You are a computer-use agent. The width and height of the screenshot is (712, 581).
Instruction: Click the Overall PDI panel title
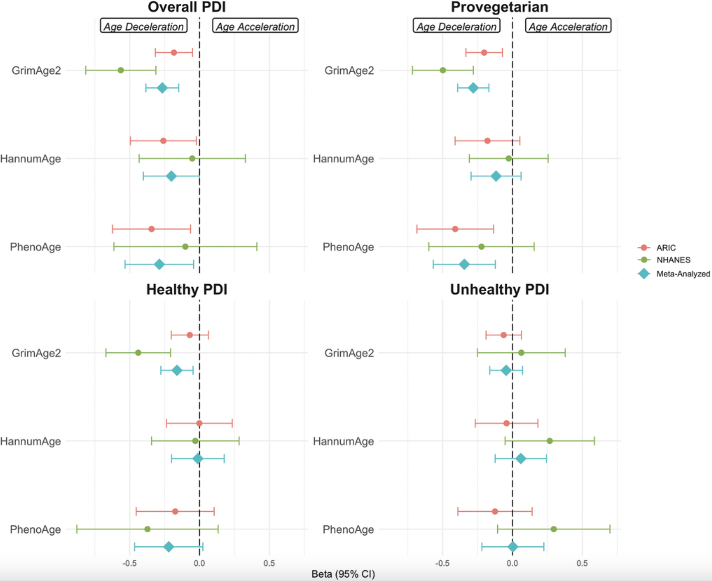(187, 7)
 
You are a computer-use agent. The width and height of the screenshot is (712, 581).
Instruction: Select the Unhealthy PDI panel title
(499, 290)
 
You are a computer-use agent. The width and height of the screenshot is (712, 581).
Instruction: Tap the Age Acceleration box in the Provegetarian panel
(568, 26)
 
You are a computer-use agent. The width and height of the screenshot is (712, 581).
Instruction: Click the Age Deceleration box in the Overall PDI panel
(143, 26)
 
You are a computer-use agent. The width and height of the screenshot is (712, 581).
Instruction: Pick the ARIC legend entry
(665, 248)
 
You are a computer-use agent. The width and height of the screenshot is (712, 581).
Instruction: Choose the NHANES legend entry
(673, 260)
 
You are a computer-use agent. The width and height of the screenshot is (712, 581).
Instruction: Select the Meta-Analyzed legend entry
(683, 274)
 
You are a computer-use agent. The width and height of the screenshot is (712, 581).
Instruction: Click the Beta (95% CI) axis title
(343, 574)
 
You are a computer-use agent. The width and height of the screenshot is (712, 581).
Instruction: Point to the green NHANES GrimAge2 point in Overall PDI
(121, 70)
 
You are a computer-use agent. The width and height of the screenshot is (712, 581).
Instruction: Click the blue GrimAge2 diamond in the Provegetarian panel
(473, 88)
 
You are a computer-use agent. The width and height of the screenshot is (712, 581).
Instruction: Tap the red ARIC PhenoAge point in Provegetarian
(455, 229)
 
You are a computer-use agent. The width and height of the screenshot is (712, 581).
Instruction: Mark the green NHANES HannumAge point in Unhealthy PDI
(550, 441)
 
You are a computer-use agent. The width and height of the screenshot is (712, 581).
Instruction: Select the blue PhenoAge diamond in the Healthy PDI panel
(169, 547)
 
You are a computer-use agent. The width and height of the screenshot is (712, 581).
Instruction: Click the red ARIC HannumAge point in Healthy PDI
(199, 423)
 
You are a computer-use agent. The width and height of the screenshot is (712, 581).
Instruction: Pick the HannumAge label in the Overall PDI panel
(31, 159)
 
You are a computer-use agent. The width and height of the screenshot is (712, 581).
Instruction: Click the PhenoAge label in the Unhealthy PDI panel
(348, 529)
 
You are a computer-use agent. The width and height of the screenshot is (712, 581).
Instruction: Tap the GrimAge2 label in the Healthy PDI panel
(36, 353)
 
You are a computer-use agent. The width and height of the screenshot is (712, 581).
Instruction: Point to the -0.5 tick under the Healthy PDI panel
(129, 564)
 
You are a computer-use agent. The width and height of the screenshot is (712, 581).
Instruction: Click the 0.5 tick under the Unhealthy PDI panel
(582, 564)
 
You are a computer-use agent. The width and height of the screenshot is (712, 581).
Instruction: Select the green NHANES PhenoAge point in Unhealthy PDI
(554, 529)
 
